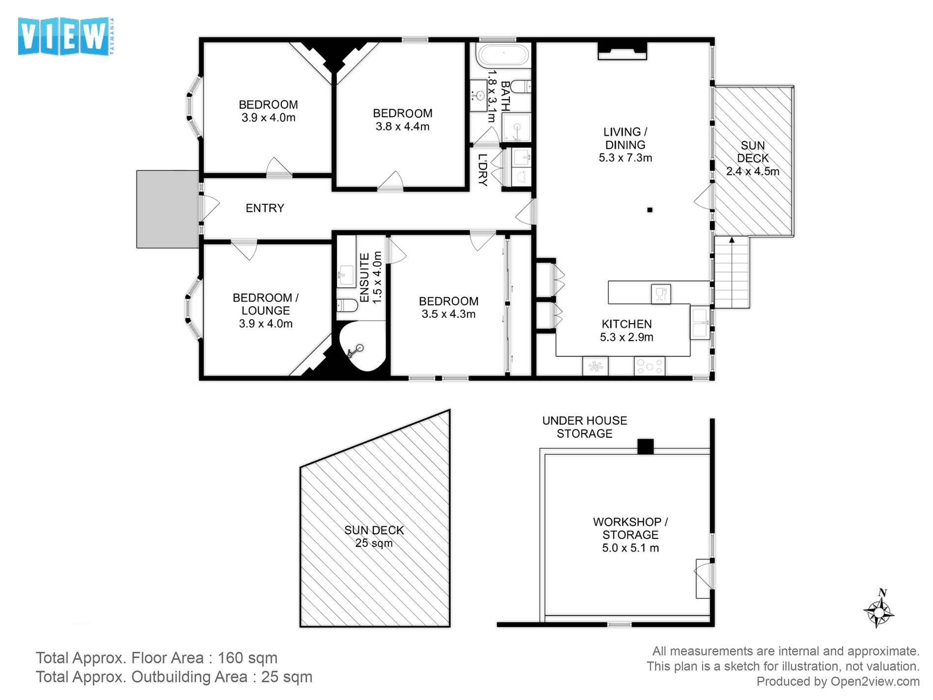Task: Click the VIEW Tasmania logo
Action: (65, 36)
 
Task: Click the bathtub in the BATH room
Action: (503, 55)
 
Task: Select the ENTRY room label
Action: (265, 208)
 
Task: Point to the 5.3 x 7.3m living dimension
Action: (625, 158)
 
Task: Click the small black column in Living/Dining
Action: (650, 210)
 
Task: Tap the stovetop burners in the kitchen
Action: (649, 366)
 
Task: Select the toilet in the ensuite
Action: (347, 306)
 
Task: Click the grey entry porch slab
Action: (167, 209)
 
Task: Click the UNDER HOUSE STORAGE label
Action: (584, 427)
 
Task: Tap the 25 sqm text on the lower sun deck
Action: (374, 543)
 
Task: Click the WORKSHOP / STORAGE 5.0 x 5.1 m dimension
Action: (630, 548)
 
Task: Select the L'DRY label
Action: (483, 170)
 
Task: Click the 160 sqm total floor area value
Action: (247, 658)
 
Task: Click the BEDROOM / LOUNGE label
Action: (265, 304)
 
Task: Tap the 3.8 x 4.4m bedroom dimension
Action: (402, 127)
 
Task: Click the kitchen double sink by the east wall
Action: (700, 323)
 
